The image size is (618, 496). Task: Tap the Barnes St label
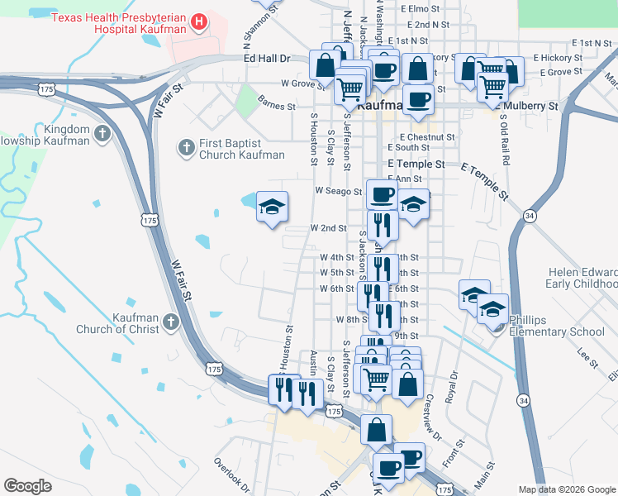coord(276,106)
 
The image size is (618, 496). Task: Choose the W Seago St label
coord(338,191)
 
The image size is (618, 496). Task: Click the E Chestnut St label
coord(427,136)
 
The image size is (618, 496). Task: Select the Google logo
coord(27,486)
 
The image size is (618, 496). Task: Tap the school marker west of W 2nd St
coord(272,207)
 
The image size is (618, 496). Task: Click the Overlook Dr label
coord(231,471)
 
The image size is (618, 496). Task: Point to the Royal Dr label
coord(452,386)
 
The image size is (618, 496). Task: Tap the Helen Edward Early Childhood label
coord(582,278)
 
